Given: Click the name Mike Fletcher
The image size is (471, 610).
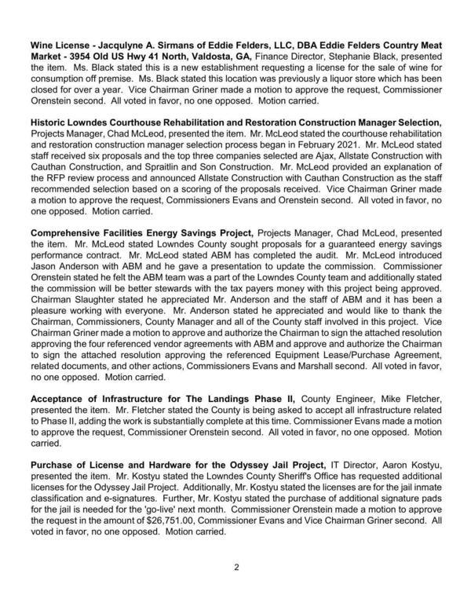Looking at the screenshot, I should point(411,399).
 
